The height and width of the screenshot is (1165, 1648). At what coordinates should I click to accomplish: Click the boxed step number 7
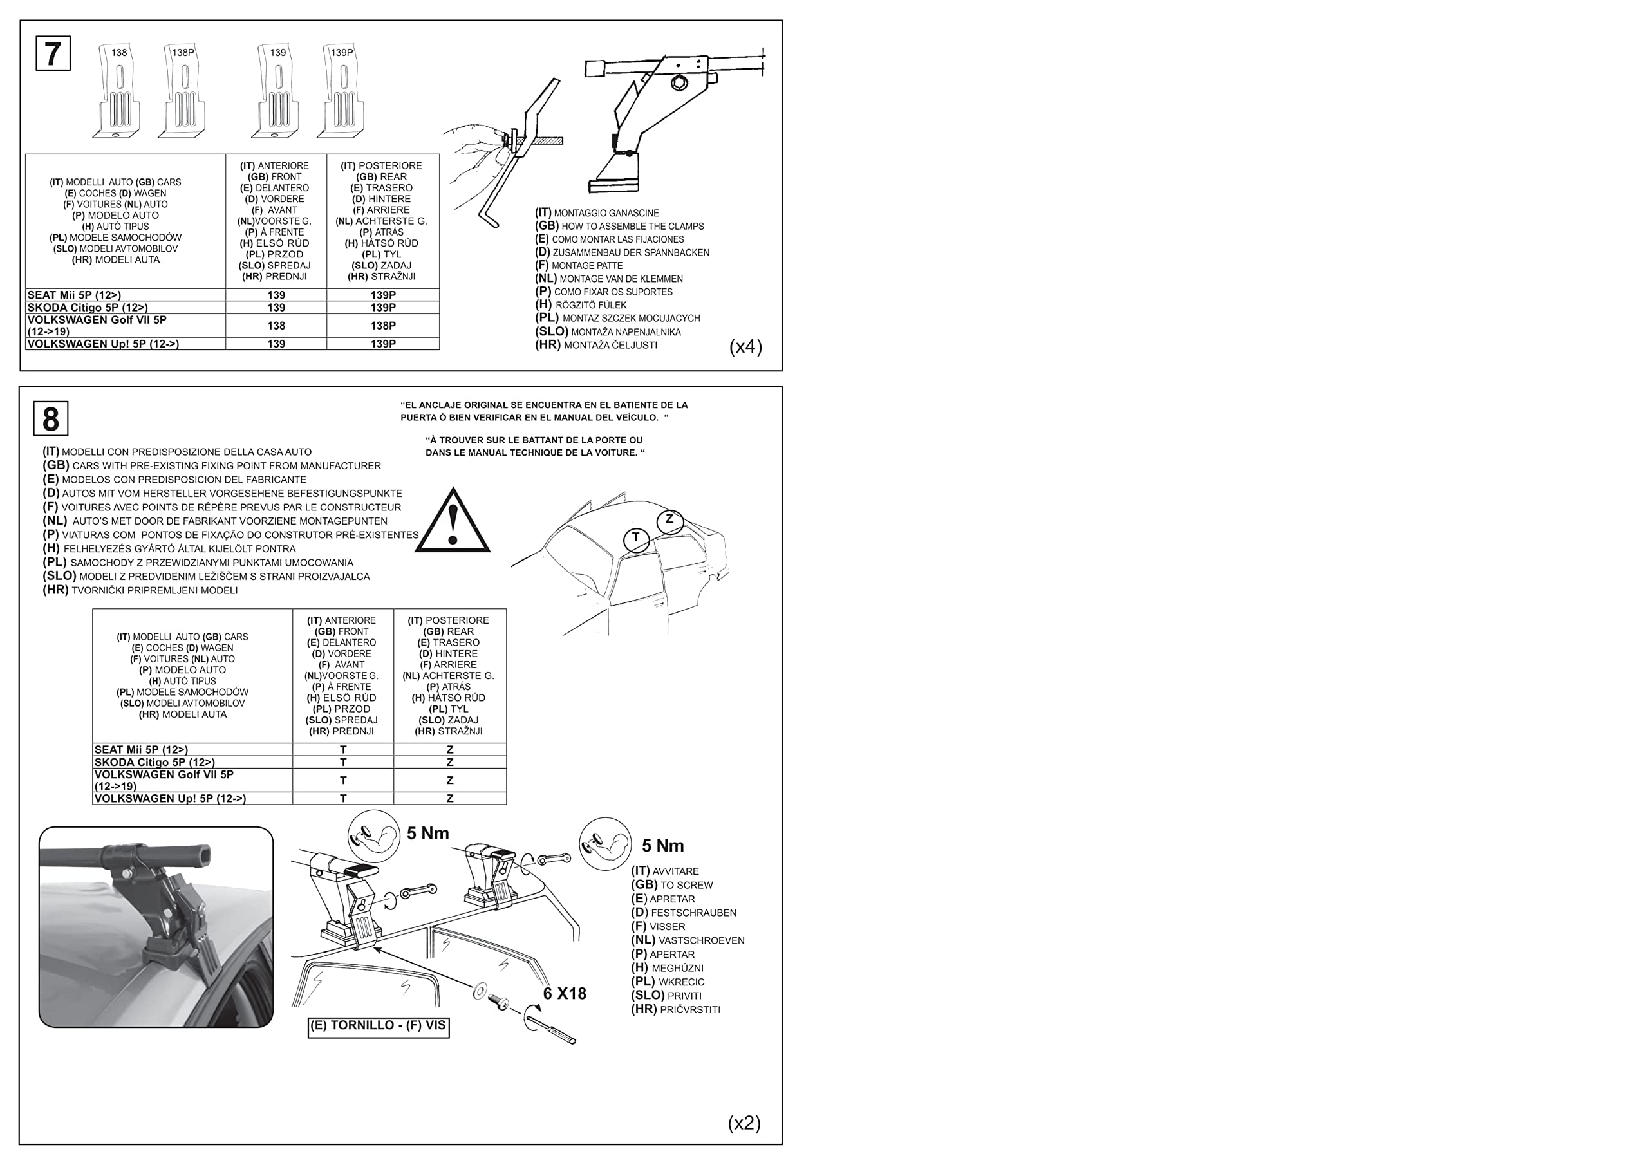point(53,53)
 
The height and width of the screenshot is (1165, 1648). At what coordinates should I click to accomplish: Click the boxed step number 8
point(50,419)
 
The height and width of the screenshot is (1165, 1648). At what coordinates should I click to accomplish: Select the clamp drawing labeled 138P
point(182,93)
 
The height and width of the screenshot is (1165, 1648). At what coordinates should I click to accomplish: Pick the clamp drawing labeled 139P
point(342,93)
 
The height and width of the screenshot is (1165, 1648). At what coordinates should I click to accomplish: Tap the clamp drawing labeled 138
point(118,93)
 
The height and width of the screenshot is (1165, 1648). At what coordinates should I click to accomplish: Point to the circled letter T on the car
point(636,538)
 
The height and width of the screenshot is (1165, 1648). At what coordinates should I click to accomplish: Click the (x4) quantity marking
point(745,347)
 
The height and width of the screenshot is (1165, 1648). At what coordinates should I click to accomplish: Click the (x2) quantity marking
point(744,1123)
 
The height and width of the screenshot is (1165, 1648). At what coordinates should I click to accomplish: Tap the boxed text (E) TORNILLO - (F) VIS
point(379,1026)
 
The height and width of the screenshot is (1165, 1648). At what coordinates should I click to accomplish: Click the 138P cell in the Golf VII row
point(382,326)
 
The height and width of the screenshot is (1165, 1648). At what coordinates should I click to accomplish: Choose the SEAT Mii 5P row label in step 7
point(74,295)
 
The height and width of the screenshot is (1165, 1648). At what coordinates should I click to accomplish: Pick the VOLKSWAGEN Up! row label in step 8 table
point(170,798)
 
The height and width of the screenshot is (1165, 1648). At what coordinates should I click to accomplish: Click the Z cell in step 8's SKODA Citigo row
point(450,762)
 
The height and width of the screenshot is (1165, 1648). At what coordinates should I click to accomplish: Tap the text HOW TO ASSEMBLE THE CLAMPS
point(632,226)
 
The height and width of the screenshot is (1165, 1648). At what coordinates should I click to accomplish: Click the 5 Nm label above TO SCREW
point(662,846)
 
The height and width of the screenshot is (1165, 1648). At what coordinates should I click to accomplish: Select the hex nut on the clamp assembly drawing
point(679,84)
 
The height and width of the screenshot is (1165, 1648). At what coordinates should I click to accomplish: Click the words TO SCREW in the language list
point(686,885)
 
